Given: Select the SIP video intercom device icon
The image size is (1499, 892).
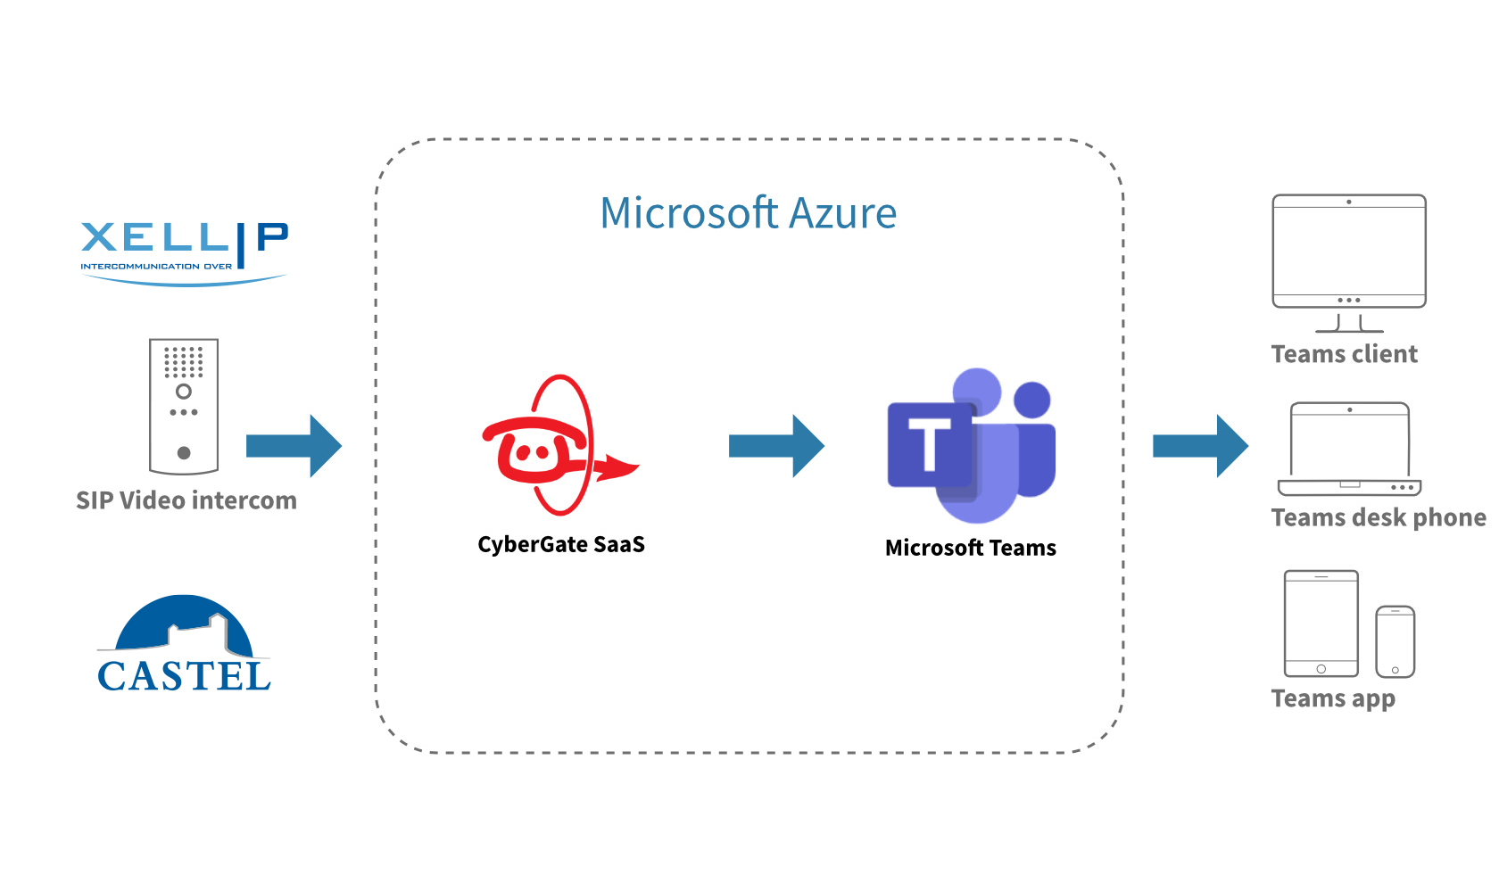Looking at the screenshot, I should [x=184, y=406].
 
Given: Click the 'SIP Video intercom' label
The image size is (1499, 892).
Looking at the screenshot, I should [x=186, y=500].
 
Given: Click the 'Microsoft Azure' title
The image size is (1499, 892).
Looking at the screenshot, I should [x=748, y=214].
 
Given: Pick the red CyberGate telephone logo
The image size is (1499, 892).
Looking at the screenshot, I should [x=553, y=446].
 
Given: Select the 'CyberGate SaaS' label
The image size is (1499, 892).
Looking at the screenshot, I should [x=560, y=544].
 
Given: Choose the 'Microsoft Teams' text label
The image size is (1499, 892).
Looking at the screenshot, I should [x=970, y=548].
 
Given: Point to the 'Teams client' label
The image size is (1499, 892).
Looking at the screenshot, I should [x=1344, y=354].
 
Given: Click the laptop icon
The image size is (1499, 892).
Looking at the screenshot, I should [x=1349, y=450].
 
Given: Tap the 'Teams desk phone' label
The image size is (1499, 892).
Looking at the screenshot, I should [x=1378, y=517].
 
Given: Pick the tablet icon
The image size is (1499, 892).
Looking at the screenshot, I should [x=1321, y=624].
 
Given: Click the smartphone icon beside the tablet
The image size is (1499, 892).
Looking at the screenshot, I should [x=1395, y=641].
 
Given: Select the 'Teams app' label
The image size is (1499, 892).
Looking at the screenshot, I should [x=1333, y=698].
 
